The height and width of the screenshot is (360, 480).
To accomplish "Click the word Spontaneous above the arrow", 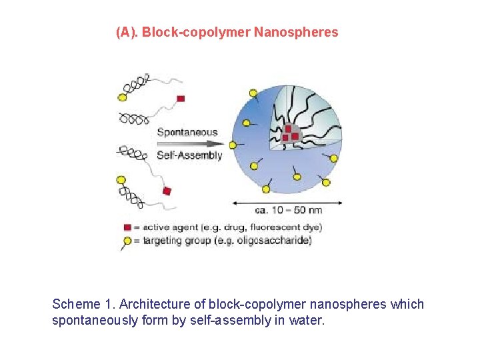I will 187,131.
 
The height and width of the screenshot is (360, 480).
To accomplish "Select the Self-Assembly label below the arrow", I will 189,155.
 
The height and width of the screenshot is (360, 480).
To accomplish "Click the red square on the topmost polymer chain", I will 180,99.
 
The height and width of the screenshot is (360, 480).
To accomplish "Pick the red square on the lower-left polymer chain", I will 167,191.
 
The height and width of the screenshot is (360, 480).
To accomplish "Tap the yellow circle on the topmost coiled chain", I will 122,97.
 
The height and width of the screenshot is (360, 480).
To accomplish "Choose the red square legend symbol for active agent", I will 127,227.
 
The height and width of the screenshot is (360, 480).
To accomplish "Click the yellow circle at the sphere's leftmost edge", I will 233,144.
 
